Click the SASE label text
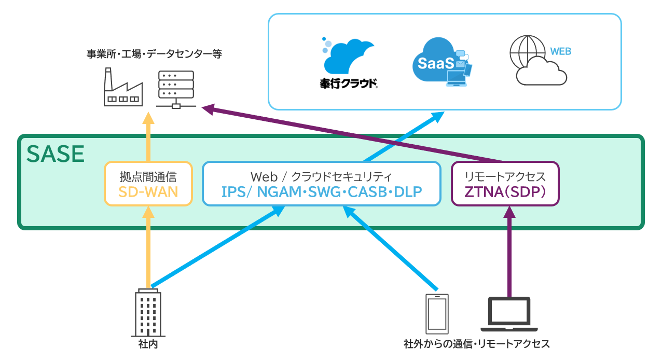pos(56,154)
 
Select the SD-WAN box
pos(148,184)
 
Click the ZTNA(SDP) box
pos(505,184)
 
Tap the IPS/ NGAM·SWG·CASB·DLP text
pos(321,192)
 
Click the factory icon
pos(122,89)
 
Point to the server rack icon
pos(175,89)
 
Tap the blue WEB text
pos(560,51)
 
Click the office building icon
pos(148,312)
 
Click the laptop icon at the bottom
pos(509,314)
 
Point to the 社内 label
pos(148,344)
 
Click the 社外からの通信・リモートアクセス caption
pos(476,344)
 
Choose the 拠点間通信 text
pos(148,176)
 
